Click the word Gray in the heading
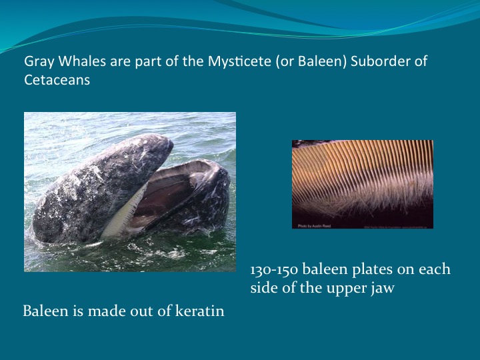(x=38, y=62)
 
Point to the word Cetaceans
(x=57, y=80)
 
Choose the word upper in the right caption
(x=349, y=289)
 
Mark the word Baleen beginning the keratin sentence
(x=43, y=311)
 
